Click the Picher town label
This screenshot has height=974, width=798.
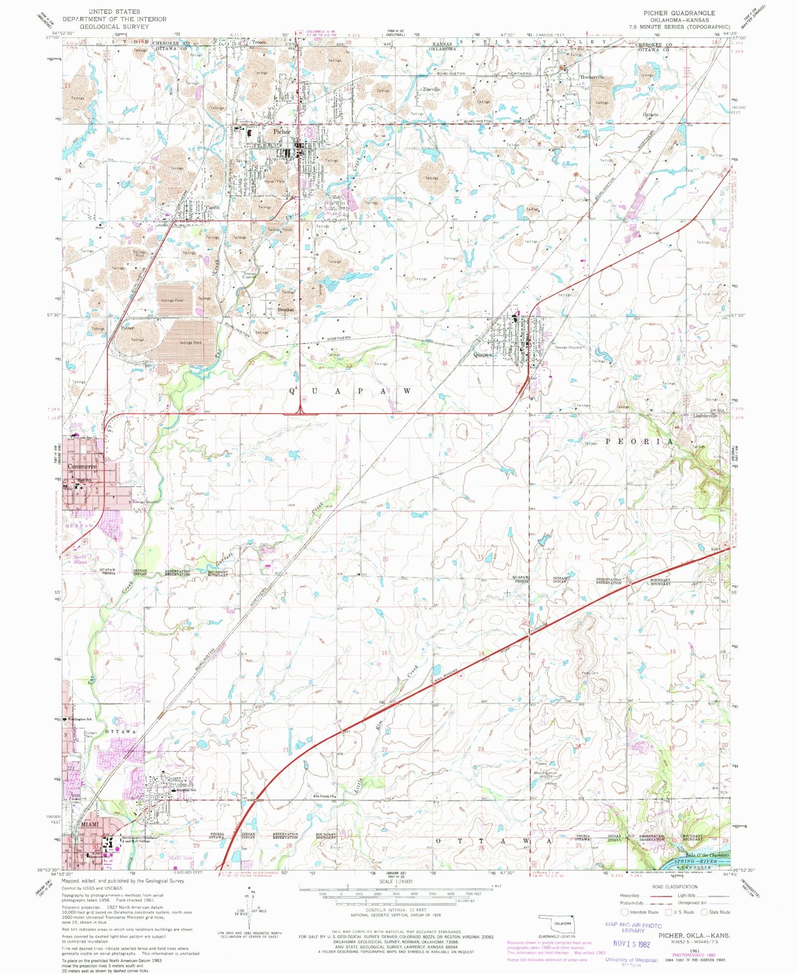(281, 131)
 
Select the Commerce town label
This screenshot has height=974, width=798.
(82, 466)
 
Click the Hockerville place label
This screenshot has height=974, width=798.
(592, 77)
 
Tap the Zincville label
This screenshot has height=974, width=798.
(431, 89)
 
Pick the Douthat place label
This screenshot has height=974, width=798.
(286, 310)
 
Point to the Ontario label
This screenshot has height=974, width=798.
(651, 115)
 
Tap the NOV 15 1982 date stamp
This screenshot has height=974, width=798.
(631, 944)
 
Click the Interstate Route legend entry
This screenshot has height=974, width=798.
(641, 912)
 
